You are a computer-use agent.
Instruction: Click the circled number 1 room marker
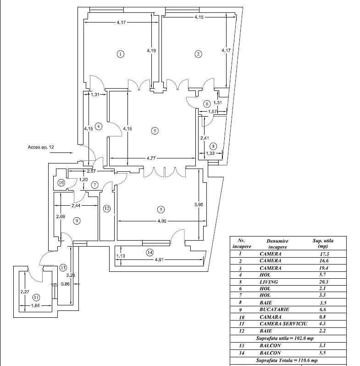click(120, 54)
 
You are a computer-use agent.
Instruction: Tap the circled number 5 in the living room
click(155, 131)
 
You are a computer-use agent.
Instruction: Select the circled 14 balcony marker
click(150, 252)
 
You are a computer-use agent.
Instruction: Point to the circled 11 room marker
click(36, 298)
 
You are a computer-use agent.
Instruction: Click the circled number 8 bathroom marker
click(213, 146)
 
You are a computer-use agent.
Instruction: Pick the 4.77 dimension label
click(151, 158)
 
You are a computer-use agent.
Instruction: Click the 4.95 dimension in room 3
click(162, 221)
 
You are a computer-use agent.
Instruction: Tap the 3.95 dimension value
click(199, 205)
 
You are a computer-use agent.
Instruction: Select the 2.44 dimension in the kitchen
click(76, 206)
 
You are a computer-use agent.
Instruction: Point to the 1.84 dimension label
click(35, 305)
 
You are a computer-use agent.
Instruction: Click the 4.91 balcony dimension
click(159, 259)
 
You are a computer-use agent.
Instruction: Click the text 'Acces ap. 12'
click(41, 147)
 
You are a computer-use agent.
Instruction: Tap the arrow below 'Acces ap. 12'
click(61, 153)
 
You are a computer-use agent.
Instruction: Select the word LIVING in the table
click(269, 282)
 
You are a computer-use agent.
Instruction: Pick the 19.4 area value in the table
click(324, 268)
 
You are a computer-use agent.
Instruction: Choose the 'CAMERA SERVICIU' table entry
click(283, 324)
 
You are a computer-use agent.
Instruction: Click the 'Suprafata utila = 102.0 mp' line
click(285, 338)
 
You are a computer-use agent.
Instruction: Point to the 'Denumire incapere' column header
click(277, 244)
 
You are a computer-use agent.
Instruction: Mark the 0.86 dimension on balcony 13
click(65, 284)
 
